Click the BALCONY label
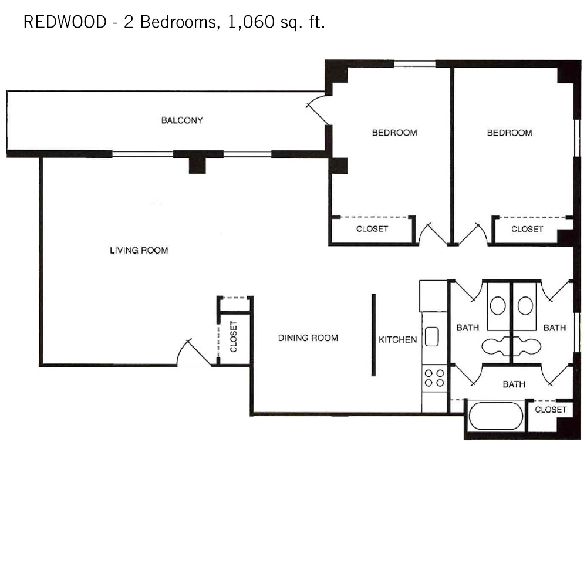click(x=182, y=120)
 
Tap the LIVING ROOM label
click(x=139, y=250)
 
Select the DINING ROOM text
click(x=308, y=338)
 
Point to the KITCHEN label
click(x=397, y=339)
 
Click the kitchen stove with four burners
click(x=434, y=378)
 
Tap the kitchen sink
click(x=431, y=336)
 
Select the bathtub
click(x=495, y=416)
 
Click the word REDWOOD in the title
click(x=65, y=22)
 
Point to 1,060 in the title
click(x=251, y=22)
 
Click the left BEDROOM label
click(x=394, y=133)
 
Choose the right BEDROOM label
click(x=510, y=133)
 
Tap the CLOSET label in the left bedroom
click(x=372, y=229)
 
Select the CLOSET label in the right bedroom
click(x=527, y=229)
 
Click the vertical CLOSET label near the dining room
click(x=234, y=336)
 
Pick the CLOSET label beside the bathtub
click(x=551, y=410)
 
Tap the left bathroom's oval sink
click(x=498, y=305)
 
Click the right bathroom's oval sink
click(x=525, y=305)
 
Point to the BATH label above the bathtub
click(x=514, y=384)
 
